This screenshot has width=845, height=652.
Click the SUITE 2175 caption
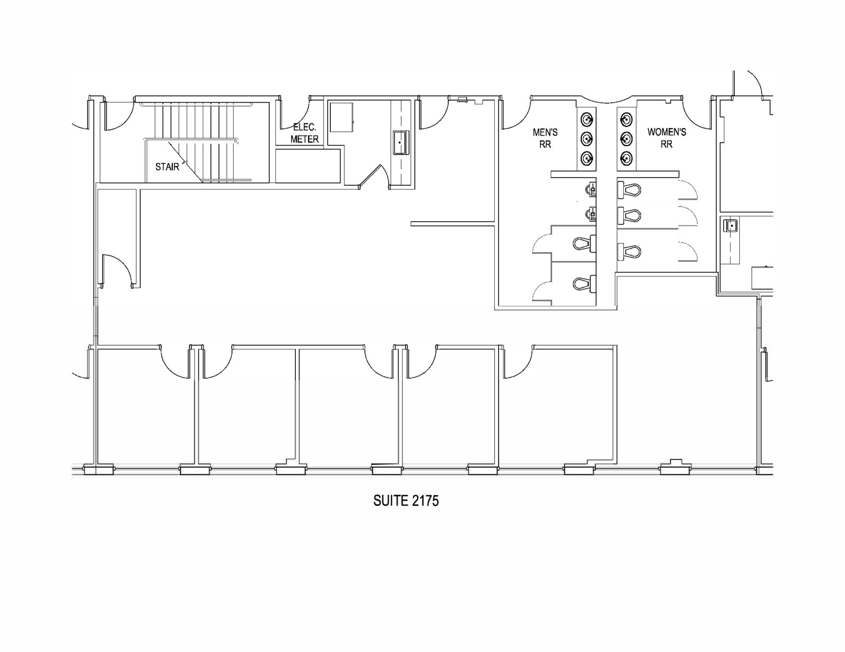pyautogui.click(x=406, y=501)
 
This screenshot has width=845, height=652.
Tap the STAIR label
pyautogui.click(x=167, y=166)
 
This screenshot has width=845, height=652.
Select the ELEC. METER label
pyautogui.click(x=305, y=133)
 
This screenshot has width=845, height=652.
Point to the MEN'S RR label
pyautogui.click(x=545, y=138)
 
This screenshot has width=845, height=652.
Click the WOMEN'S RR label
pyautogui.click(x=667, y=138)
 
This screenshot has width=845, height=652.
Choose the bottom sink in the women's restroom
pyautogui.click(x=626, y=158)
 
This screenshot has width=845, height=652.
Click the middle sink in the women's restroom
pyautogui.click(x=626, y=139)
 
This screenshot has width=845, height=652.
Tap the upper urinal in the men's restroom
pyautogui.click(x=591, y=189)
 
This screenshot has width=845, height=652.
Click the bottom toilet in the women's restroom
pyautogui.click(x=629, y=251)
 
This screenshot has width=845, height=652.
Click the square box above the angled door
pyautogui.click(x=341, y=117)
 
